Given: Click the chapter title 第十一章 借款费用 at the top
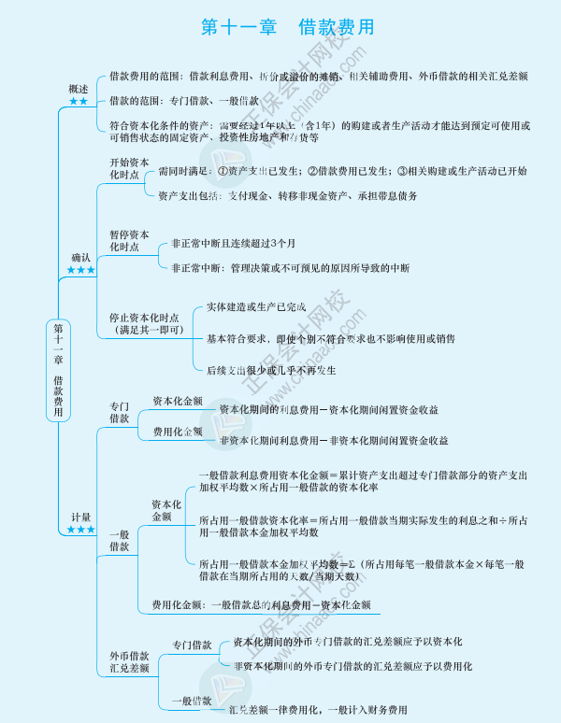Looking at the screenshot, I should pos(280,28).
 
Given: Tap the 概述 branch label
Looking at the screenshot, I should pos(79,89).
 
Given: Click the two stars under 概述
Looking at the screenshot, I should pos(79,101).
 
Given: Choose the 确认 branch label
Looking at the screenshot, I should pos(80,257).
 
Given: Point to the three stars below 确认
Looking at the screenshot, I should pos(80,270).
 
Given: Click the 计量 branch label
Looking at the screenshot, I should pos(80,517).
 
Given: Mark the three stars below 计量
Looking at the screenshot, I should pos(80,530).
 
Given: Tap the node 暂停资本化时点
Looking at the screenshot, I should pos(129,240).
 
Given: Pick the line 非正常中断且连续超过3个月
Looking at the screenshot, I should pos(233,244).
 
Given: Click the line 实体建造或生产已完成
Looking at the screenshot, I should pos(256,307).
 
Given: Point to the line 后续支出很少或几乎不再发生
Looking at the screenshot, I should pos(271,370).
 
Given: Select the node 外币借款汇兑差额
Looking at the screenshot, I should pos(129,661).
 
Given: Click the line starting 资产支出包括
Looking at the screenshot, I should pos(287,196).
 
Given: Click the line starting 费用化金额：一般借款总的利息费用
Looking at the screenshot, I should pos(261,604).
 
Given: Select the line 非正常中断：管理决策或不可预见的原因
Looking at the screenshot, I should pos(290,268).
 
